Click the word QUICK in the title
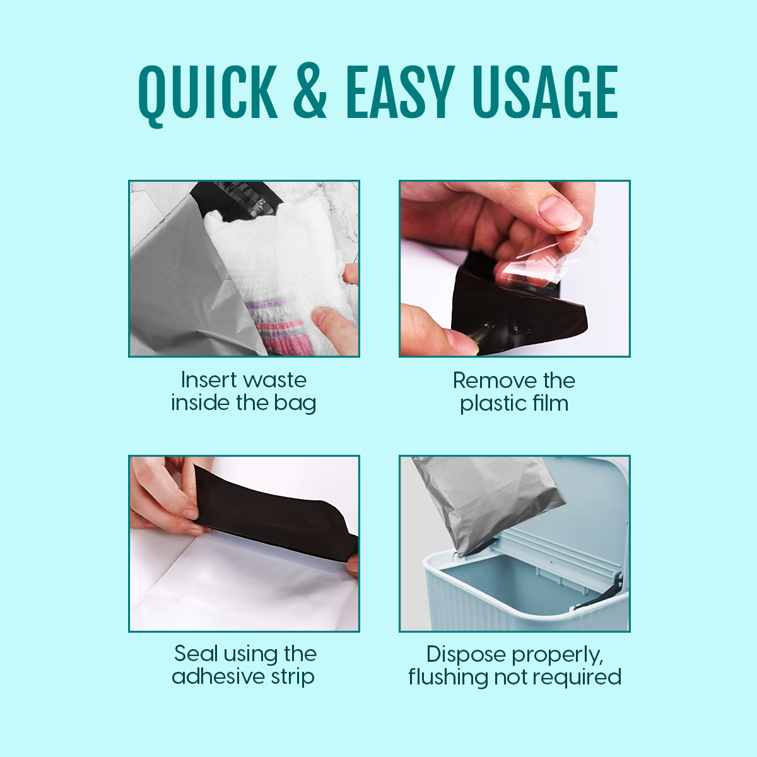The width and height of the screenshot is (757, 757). point(208,95)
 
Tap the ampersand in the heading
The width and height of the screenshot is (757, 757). point(310,91)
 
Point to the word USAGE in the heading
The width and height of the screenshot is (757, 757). point(545,91)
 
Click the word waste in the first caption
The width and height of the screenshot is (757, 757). point(274,380)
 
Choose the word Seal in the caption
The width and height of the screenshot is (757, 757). point(196,654)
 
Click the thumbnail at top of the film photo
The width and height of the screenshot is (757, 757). point(560,213)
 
